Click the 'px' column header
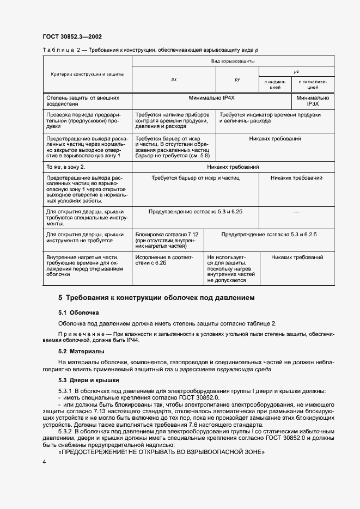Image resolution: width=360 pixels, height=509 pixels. [x=174, y=79]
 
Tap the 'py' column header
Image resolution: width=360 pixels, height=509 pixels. [x=237, y=79]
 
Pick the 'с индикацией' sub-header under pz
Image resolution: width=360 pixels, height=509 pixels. [x=276, y=84]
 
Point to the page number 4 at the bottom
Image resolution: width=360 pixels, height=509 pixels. [x=44, y=462]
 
